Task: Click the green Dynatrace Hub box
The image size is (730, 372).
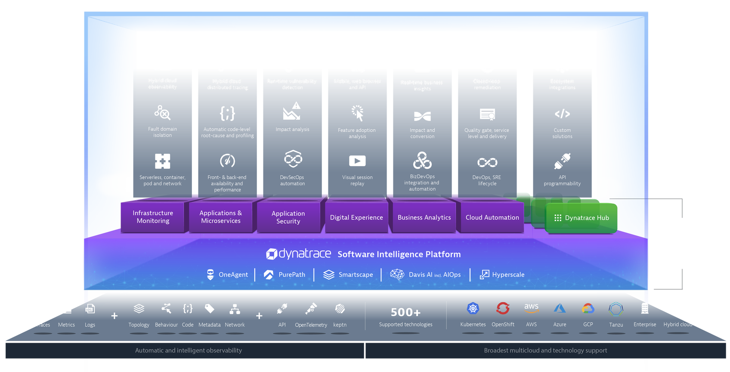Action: tap(582, 218)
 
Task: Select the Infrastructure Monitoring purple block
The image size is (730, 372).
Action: tap(153, 217)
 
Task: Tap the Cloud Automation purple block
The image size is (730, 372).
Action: tap(492, 218)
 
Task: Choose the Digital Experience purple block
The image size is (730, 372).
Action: tap(356, 218)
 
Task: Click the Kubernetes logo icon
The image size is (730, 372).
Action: tap(473, 308)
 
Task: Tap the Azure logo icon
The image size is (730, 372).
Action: tap(560, 308)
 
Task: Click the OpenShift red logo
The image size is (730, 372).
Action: tap(502, 308)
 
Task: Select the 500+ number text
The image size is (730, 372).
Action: tap(405, 312)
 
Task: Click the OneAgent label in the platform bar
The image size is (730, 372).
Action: tap(233, 275)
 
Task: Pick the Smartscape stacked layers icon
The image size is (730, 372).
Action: tap(329, 275)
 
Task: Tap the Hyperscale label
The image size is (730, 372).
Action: tap(508, 275)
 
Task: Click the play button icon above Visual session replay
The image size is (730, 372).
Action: tap(357, 161)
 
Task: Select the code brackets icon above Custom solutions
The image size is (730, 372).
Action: tap(562, 114)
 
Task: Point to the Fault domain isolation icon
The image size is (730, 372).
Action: tap(162, 113)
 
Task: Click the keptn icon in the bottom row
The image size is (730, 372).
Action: tap(340, 309)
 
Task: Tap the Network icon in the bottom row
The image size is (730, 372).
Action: tap(235, 309)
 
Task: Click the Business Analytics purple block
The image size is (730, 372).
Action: tap(424, 218)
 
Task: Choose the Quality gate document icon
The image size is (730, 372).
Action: tap(487, 115)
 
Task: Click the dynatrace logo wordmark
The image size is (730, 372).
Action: tap(299, 254)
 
